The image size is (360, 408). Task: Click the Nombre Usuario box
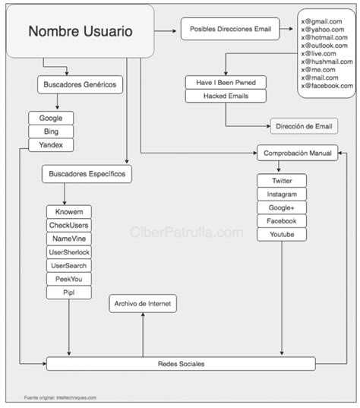click(x=81, y=32)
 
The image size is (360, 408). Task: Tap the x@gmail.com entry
click(x=325, y=13)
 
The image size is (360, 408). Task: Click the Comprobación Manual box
click(x=297, y=153)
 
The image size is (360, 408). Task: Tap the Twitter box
click(x=282, y=181)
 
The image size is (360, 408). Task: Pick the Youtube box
click(x=282, y=235)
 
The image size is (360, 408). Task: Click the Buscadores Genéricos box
click(x=80, y=85)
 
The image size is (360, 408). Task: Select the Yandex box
click(x=51, y=145)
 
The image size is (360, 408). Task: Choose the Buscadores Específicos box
click(x=87, y=175)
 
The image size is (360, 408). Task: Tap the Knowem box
click(x=69, y=211)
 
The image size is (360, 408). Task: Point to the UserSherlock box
click(x=69, y=251)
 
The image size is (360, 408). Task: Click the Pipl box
click(x=69, y=293)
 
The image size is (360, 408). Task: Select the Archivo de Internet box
click(x=143, y=304)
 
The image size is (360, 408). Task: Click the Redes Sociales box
click(x=181, y=364)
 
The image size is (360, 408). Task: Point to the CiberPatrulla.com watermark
click(x=188, y=232)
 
